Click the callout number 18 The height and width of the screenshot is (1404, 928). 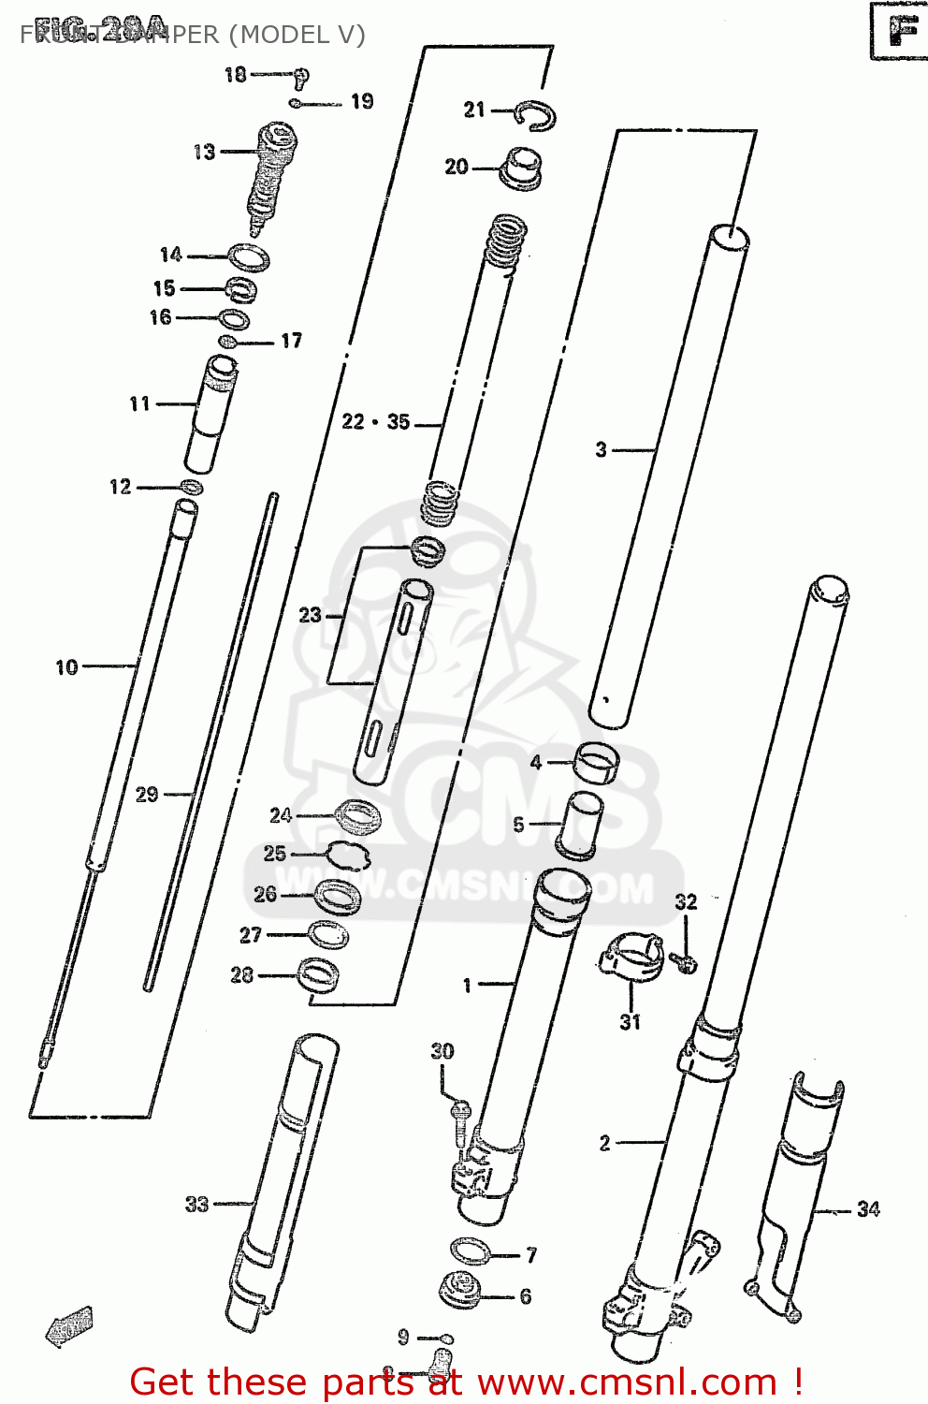click(235, 74)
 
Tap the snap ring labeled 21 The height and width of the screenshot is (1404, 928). click(539, 115)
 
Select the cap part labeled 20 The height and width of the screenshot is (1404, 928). click(522, 168)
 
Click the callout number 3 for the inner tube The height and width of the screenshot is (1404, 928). click(602, 450)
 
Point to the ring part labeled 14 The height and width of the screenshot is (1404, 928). click(249, 256)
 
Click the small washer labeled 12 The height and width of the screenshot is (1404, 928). click(191, 487)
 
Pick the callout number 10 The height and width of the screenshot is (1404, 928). click(66, 667)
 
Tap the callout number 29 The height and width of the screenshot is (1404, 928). click(147, 795)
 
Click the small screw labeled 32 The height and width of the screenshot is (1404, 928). click(685, 961)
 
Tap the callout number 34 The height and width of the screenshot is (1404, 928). click(868, 1209)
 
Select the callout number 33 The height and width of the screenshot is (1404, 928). click(196, 1205)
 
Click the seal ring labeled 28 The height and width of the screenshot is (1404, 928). click(318, 975)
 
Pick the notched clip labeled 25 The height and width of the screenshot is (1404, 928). click(348, 854)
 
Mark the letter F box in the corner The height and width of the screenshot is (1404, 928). click(899, 31)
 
